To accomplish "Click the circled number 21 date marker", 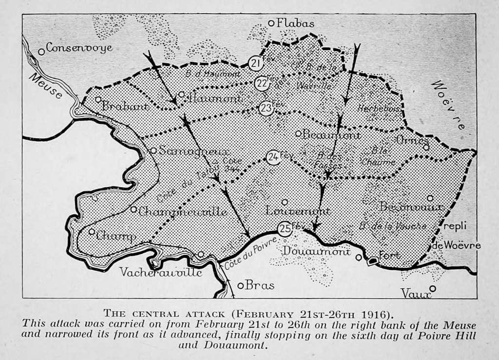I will click(x=255, y=63).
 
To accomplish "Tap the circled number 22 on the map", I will click(x=262, y=83).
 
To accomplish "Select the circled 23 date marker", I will click(x=266, y=108).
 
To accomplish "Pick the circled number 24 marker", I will click(x=273, y=157).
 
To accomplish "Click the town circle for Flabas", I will click(x=271, y=23).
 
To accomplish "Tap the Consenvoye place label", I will click(x=79, y=48).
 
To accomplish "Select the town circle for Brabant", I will click(x=98, y=99).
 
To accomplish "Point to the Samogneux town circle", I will click(x=153, y=151).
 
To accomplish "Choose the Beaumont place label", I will click(x=331, y=135).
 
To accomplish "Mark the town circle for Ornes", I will click(x=426, y=147).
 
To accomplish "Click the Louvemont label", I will click(x=298, y=211).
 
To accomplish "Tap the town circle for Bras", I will click(x=240, y=286).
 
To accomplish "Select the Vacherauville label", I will click(x=161, y=272).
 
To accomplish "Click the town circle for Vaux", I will click(x=432, y=288).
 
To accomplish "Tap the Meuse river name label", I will click(x=46, y=87).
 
